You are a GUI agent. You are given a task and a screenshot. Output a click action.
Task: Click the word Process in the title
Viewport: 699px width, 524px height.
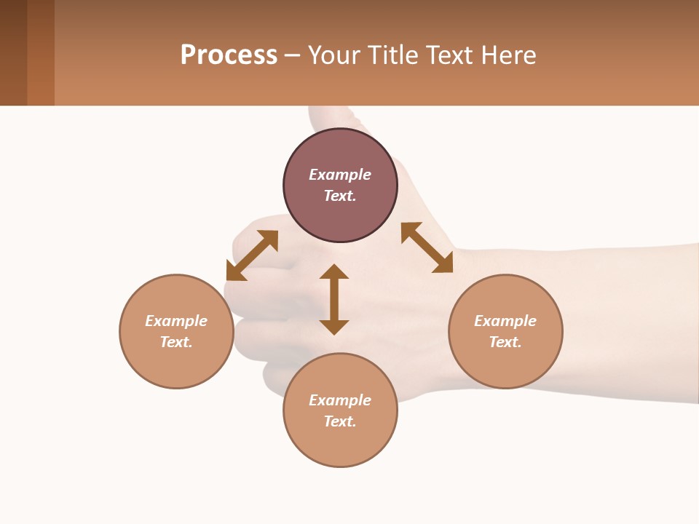coord(229,55)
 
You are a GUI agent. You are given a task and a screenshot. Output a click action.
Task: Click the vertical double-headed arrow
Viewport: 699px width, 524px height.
coord(334,299)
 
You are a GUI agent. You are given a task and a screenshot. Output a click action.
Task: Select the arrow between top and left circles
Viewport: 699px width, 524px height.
coord(252,255)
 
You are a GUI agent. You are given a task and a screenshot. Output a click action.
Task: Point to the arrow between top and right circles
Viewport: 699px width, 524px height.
coord(427,247)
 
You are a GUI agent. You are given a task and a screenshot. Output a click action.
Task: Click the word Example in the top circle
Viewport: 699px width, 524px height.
coord(340,175)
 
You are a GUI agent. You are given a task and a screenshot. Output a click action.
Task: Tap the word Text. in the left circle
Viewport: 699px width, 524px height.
coord(176,342)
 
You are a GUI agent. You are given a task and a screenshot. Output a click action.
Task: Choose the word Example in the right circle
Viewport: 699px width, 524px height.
coord(505,321)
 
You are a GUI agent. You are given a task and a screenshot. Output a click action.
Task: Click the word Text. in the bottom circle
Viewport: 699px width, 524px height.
coord(340,421)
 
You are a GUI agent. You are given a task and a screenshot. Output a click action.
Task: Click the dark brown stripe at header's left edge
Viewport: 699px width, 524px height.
coord(13,52)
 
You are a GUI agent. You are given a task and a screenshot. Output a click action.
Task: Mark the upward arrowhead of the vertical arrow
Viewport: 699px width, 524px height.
coord(334,271)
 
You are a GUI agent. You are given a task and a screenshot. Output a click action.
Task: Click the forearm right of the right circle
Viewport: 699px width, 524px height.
coord(626,320)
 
